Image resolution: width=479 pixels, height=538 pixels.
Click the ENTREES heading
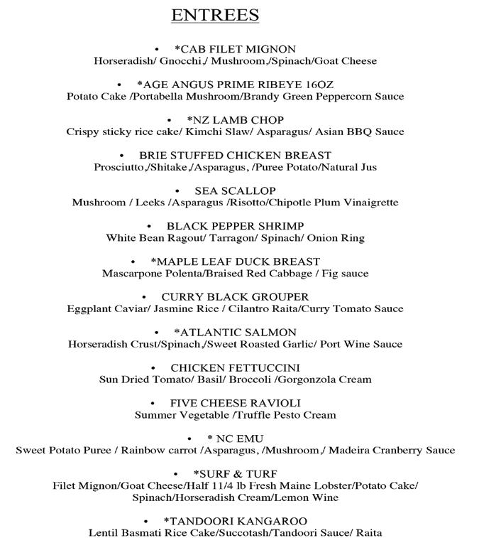tap(215, 15)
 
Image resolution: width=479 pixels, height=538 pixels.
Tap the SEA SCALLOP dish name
tap(235, 191)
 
